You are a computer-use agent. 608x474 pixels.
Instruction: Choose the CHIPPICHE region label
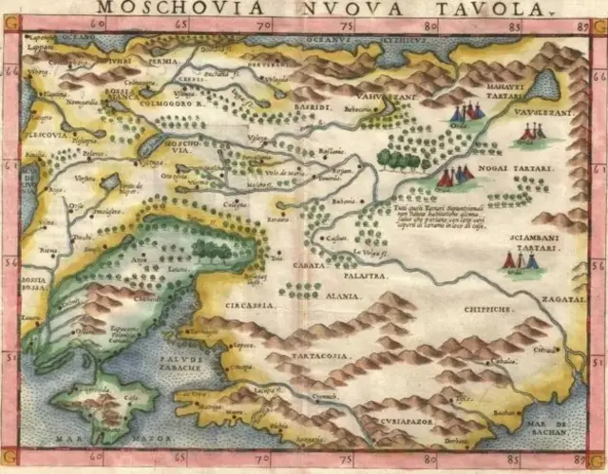tap(489, 309)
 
